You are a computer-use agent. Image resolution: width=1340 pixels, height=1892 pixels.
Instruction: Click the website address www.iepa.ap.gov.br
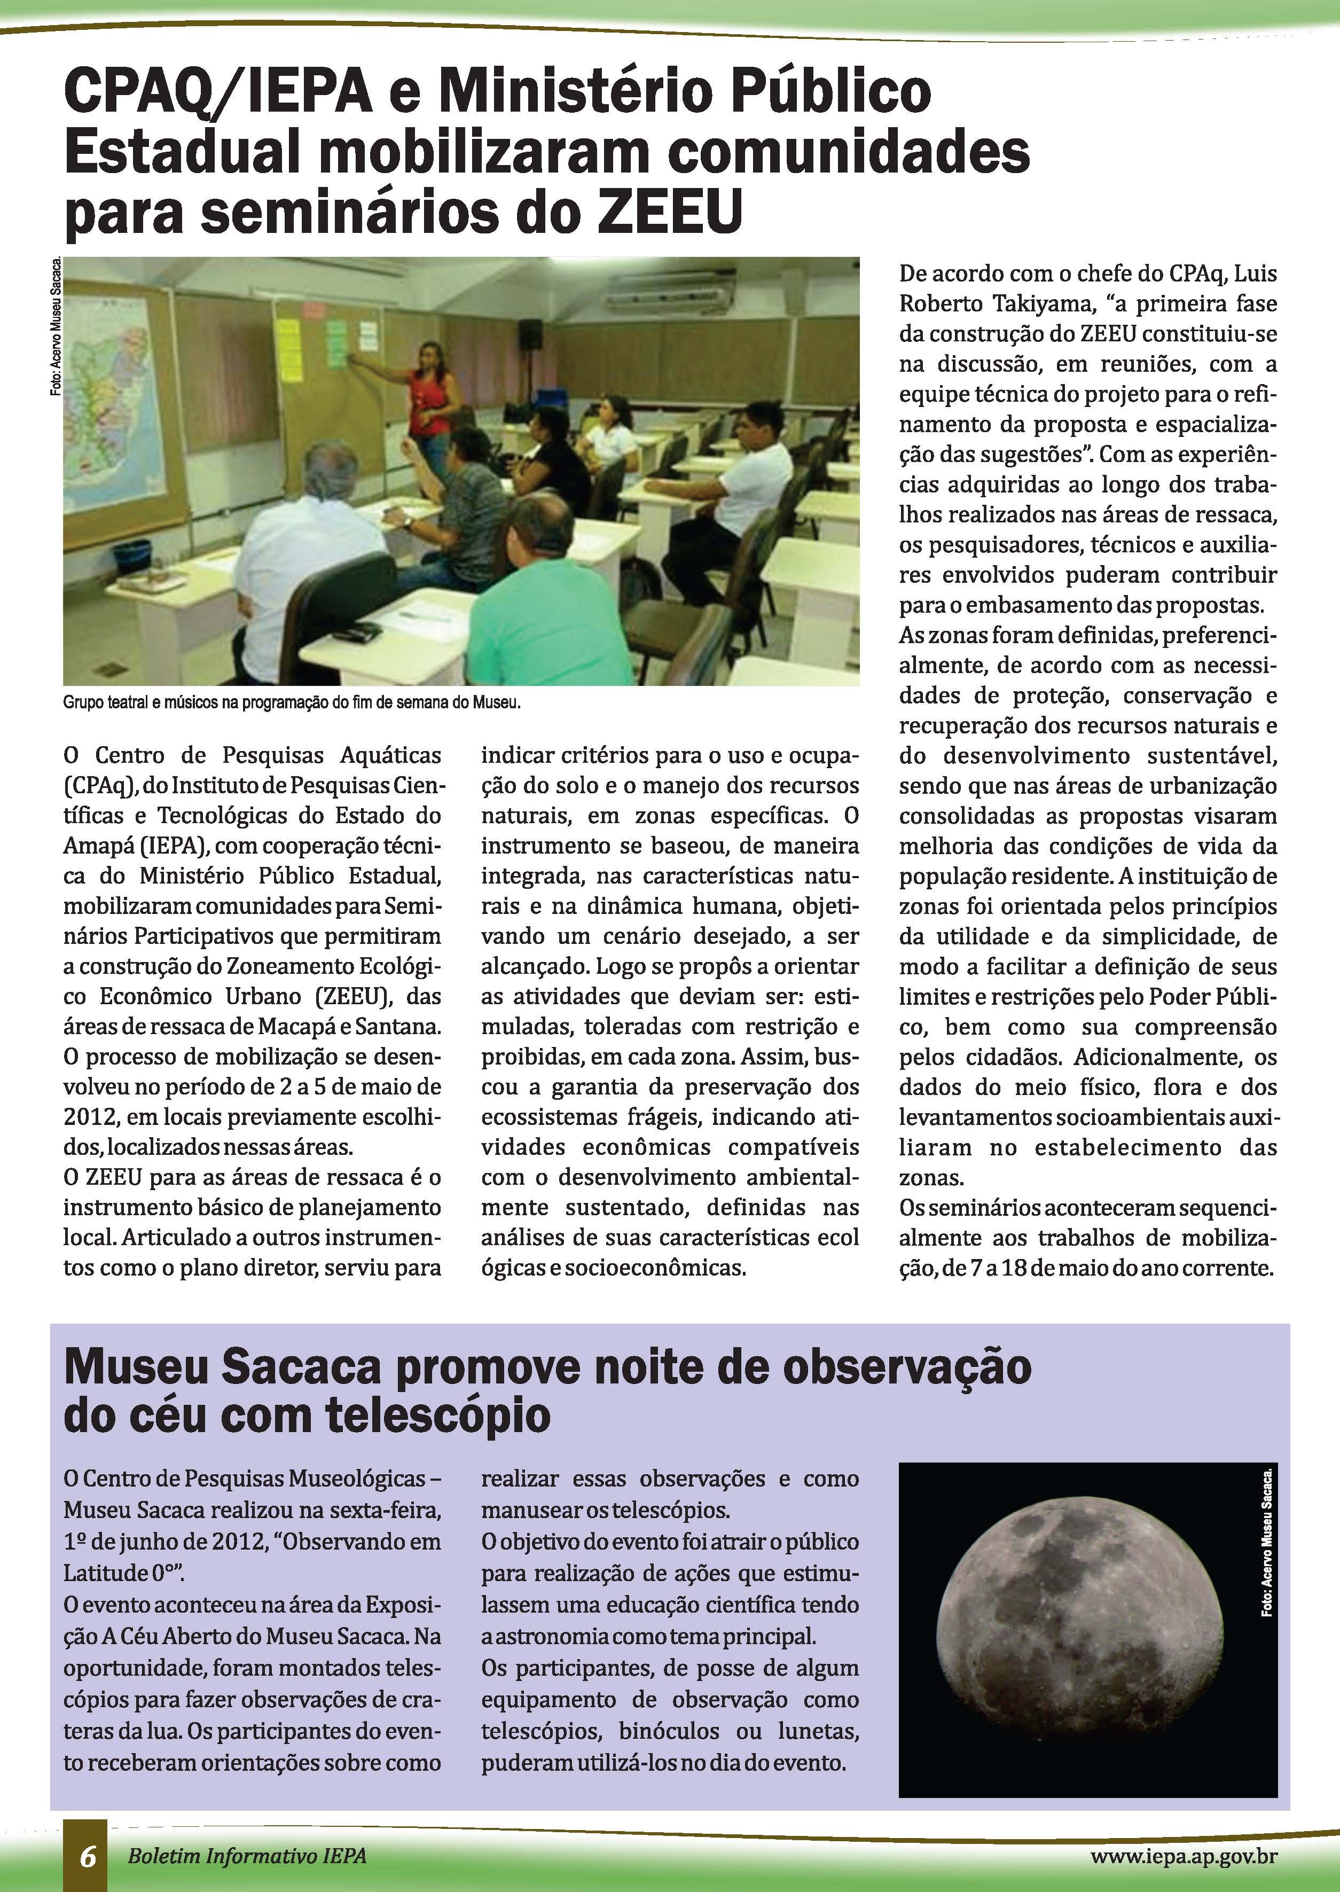(x=1184, y=1856)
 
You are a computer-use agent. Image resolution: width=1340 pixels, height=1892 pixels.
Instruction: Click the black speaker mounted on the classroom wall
(x=530, y=333)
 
